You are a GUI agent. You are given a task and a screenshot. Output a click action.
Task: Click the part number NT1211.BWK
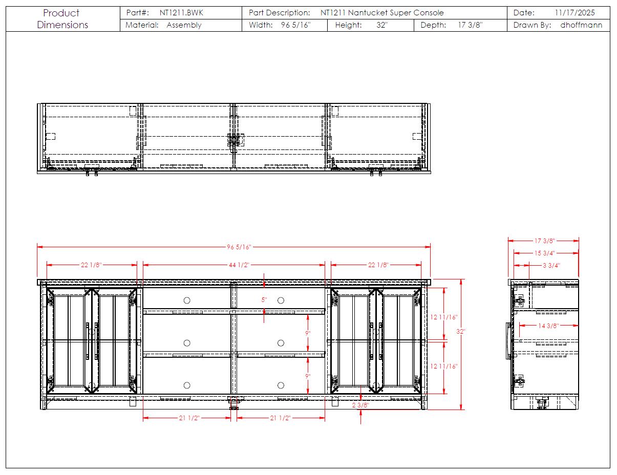181,13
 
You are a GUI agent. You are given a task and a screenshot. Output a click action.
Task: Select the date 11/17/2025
575,13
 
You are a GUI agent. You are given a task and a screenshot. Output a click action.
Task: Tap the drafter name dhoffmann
581,25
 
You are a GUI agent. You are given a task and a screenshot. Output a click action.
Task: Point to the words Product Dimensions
62,19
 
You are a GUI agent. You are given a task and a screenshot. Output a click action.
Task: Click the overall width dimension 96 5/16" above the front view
239,247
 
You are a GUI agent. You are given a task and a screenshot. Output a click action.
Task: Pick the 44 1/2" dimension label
239,265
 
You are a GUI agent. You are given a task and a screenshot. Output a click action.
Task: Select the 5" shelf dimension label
264,299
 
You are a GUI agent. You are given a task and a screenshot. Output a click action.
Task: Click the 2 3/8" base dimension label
360,405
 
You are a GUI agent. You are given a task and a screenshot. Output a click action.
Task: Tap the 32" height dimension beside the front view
460,331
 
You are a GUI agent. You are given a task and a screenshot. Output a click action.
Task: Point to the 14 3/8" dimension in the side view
548,326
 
